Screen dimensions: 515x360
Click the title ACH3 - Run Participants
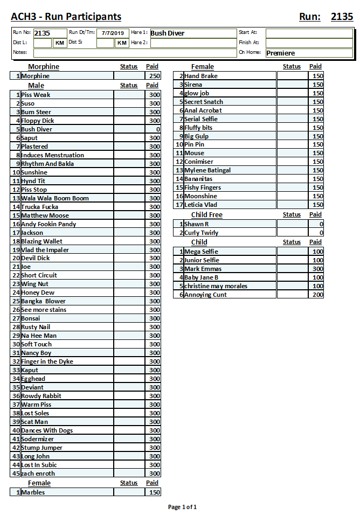(x=66, y=17)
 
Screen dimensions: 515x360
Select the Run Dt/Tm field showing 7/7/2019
(x=113, y=33)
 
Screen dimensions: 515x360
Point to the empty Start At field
(x=309, y=33)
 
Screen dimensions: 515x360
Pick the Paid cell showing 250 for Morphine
(x=153, y=76)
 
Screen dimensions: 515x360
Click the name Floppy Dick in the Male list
(x=38, y=121)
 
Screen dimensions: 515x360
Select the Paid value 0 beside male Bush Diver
(x=153, y=129)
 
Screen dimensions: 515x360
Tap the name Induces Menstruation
(x=52, y=155)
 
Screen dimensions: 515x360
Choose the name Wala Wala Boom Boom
(x=55, y=198)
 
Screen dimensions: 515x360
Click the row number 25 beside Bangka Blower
(x=16, y=301)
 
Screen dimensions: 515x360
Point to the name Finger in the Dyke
(x=47, y=361)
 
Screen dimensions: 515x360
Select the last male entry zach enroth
(x=38, y=474)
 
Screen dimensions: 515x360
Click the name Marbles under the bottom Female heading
(x=33, y=492)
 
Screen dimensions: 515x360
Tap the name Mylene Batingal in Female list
(x=207, y=170)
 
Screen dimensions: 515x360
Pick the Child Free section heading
(x=206, y=215)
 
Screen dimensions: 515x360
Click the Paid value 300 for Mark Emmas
(x=317, y=269)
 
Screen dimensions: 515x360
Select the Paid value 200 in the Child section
(x=317, y=295)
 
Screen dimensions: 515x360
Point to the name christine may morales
(x=216, y=286)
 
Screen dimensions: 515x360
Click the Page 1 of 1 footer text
(x=182, y=507)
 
